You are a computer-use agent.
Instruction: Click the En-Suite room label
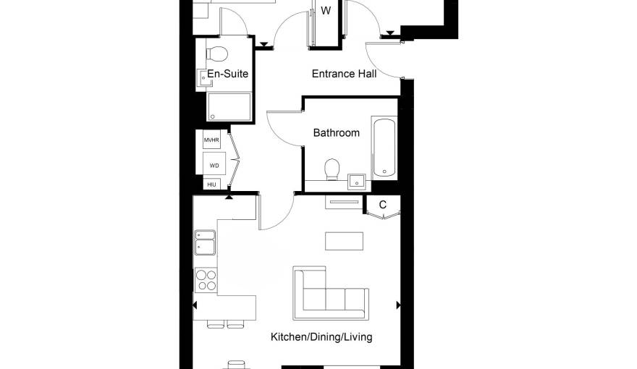coord(227,74)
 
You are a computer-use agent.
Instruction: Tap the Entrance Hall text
coord(344,74)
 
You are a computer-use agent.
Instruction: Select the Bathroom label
coord(337,132)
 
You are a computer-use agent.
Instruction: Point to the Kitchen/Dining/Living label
coord(321,337)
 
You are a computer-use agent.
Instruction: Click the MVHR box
coord(211,140)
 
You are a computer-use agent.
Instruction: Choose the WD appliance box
coord(214,164)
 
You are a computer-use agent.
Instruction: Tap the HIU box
coord(211,184)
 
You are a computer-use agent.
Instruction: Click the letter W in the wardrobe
coord(326,11)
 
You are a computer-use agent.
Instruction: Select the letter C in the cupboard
coord(383,205)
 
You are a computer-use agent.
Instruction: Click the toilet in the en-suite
coord(216,54)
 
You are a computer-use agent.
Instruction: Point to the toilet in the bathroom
coord(332,169)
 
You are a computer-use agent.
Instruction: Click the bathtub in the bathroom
coord(384,148)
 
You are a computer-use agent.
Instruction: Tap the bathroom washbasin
coord(357,182)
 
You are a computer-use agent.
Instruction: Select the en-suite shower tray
coord(229,107)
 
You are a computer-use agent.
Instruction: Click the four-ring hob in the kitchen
coord(206,280)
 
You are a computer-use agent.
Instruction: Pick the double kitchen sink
coord(205,242)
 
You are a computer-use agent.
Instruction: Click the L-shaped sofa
coord(331,293)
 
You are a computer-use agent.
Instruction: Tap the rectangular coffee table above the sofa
coord(344,241)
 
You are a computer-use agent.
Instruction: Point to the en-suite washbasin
coord(204,78)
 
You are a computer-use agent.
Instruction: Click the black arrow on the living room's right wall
coord(399,305)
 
